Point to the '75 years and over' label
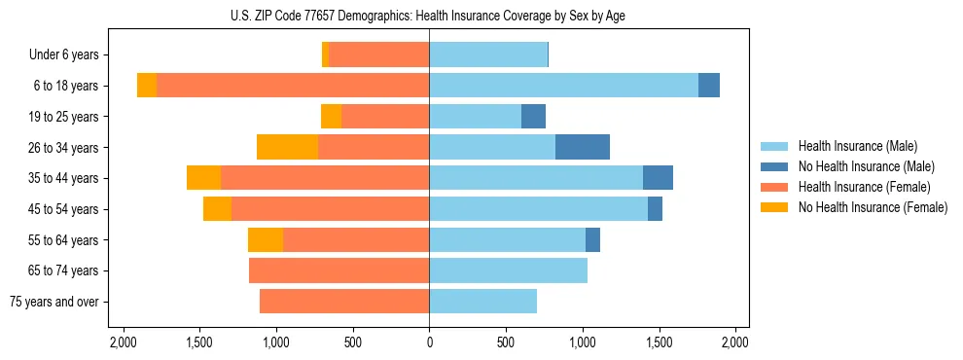[x=54, y=302]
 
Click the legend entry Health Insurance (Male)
[x=857, y=146]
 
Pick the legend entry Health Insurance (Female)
[x=864, y=187]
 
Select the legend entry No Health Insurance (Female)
[x=872, y=207]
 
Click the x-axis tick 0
[x=429, y=342]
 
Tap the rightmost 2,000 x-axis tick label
[x=735, y=342]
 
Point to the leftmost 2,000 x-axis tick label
[x=123, y=342]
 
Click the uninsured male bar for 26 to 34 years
[x=582, y=147]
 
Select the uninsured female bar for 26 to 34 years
[x=287, y=147]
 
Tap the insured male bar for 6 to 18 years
[x=563, y=86]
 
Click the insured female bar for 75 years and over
[x=344, y=302]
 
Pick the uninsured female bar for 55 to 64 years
[x=266, y=240]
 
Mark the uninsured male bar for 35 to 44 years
[x=658, y=178]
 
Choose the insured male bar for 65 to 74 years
[x=508, y=270]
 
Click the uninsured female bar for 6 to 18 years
[x=147, y=86]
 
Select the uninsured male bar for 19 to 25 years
[x=533, y=117]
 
